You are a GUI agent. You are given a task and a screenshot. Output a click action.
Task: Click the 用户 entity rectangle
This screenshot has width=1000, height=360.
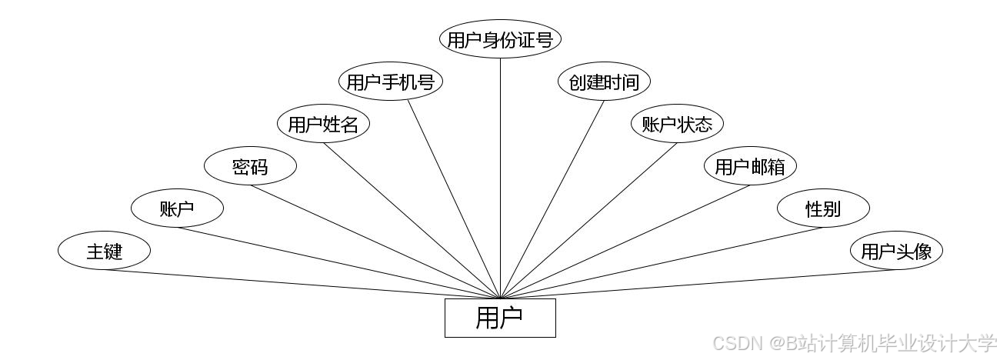(x=500, y=318)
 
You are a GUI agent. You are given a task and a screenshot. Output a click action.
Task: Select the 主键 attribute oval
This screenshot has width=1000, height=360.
(x=104, y=251)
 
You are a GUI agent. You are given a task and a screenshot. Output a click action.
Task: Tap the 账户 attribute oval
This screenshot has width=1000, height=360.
(x=177, y=208)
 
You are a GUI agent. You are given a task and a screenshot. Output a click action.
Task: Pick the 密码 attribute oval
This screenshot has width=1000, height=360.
(x=250, y=166)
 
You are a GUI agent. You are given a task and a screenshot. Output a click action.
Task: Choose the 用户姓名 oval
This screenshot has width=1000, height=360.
(x=323, y=124)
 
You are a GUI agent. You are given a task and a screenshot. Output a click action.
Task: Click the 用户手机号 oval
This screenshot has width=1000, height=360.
(x=391, y=82)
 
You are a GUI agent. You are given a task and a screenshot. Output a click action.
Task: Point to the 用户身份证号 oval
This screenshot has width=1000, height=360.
(x=500, y=39)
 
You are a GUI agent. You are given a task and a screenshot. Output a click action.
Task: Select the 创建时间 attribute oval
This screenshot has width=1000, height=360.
(x=604, y=82)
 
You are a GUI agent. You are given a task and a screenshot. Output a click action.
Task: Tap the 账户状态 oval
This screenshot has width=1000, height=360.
(x=677, y=124)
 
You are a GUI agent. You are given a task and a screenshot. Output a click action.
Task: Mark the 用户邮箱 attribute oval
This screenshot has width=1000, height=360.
(x=750, y=166)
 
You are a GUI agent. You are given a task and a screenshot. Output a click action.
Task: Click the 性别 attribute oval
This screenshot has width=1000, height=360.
(x=823, y=208)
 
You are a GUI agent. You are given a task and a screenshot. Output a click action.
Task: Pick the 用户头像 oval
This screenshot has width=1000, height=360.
(x=896, y=251)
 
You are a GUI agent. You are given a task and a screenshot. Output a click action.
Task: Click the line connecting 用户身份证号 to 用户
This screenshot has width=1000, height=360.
(x=500, y=177)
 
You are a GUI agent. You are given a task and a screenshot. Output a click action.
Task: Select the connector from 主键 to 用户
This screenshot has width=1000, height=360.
(x=302, y=284)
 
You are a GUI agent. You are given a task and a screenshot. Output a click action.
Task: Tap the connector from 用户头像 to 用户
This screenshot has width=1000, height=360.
(x=698, y=284)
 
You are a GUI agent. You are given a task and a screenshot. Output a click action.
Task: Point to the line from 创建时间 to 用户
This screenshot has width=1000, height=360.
(x=552, y=199)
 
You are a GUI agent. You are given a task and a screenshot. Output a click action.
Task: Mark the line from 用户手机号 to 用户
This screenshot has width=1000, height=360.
(x=454, y=199)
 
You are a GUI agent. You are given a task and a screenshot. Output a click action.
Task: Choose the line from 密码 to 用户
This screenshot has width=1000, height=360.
(x=375, y=242)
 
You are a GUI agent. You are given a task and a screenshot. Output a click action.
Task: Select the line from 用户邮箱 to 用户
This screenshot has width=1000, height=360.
(x=625, y=242)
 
